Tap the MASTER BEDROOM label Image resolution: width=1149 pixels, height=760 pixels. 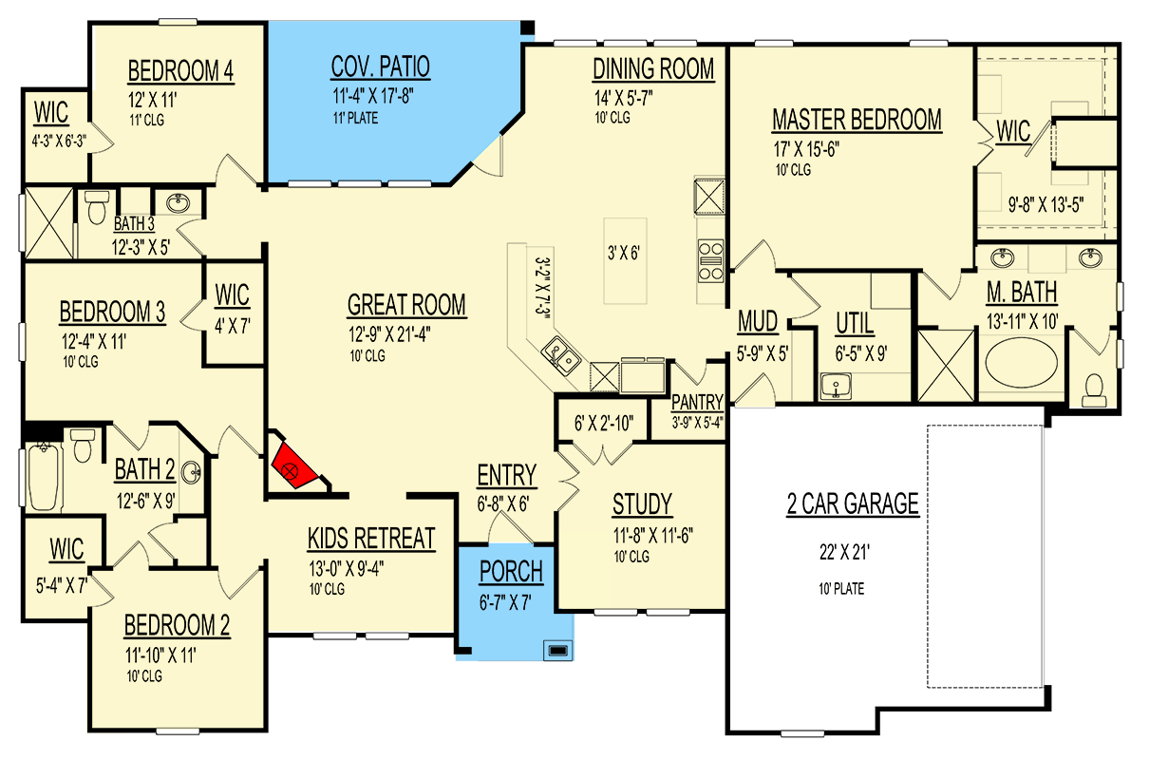[857, 121]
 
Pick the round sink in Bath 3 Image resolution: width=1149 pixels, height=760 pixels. [177, 203]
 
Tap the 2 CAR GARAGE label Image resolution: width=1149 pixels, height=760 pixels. [852, 504]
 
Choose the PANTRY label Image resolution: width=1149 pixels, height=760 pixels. [697, 402]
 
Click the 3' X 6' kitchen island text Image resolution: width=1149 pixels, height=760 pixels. [625, 254]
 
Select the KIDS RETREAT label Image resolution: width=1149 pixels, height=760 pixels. [370, 539]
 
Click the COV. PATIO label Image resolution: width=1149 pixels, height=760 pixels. [380, 67]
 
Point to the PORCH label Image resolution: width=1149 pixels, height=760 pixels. [511, 572]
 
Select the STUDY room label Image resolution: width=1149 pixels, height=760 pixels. [642, 503]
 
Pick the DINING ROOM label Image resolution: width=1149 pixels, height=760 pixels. [653, 69]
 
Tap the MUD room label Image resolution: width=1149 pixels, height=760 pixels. [758, 324]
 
